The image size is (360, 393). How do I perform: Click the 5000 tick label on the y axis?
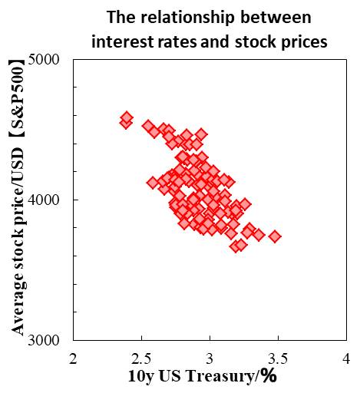[51, 59]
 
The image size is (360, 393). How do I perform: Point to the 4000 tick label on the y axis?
[51, 200]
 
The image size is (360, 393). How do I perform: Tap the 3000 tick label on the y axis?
[51, 340]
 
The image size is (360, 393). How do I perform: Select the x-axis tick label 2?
[74, 358]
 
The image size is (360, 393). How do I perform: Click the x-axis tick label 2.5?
[142, 358]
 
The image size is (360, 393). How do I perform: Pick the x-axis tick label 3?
[210, 358]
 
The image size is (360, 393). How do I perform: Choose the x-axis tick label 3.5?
[278, 358]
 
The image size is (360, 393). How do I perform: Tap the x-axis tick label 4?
[346, 358]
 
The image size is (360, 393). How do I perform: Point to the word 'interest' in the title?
[119, 40]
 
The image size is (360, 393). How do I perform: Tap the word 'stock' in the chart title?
[256, 40]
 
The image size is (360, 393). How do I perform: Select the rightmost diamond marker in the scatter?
[275, 236]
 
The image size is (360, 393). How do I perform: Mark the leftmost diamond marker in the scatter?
[127, 119]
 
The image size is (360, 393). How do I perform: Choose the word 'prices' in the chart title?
[302, 40]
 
